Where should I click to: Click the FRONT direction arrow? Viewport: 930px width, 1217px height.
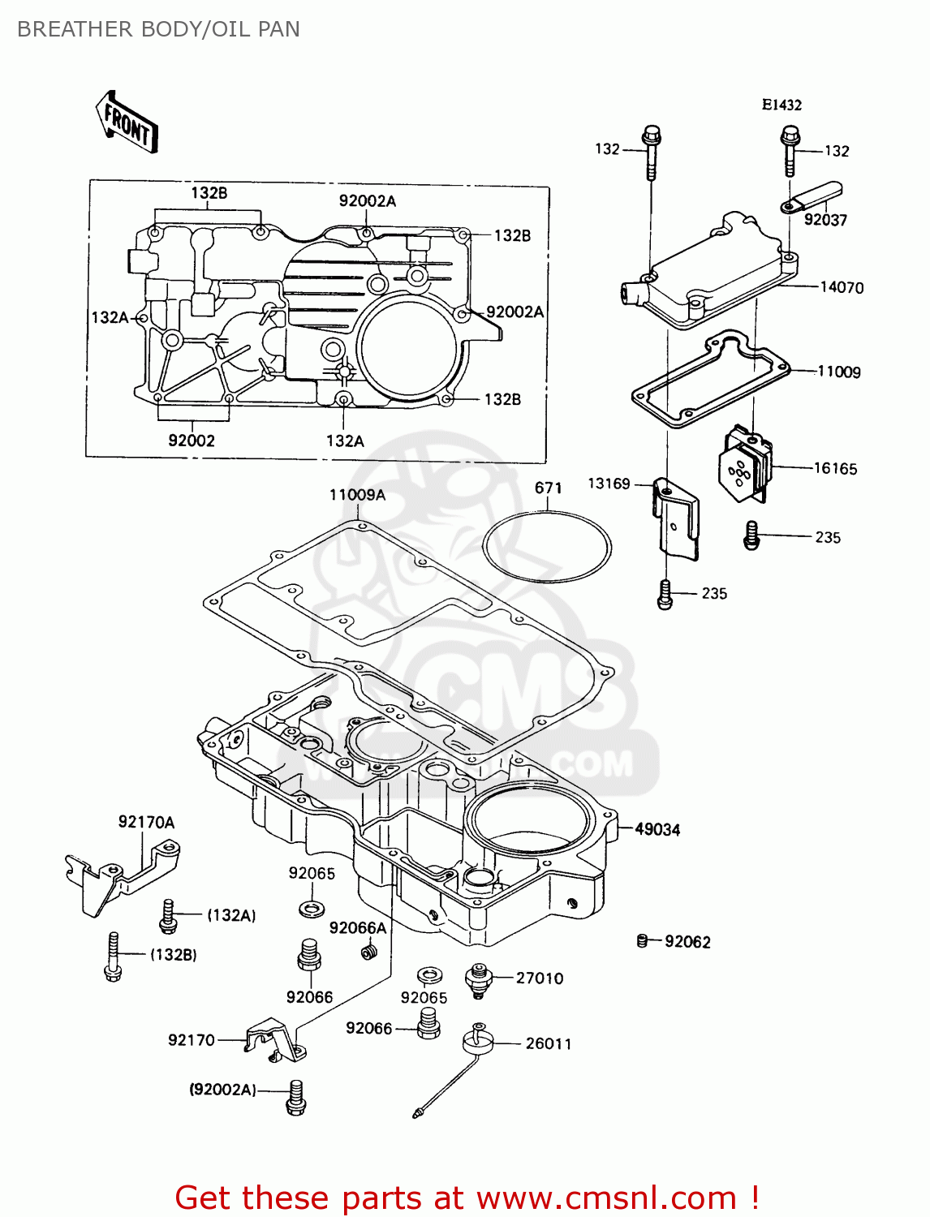(127, 123)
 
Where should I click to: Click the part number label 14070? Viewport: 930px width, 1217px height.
(842, 287)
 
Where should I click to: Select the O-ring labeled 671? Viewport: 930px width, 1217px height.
(546, 547)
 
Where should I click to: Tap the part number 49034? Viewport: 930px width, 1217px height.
(657, 829)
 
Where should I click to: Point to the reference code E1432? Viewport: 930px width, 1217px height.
(781, 105)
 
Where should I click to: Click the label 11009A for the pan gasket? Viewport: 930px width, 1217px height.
(357, 495)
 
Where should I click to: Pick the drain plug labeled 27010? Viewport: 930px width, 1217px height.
(480, 979)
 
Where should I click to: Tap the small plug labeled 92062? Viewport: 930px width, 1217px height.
(643, 941)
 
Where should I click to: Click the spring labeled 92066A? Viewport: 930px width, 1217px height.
(369, 950)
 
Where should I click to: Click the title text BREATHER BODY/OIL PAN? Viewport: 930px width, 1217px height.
(158, 29)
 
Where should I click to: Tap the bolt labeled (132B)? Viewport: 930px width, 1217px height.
(113, 957)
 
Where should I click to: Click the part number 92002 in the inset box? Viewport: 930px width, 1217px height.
(192, 441)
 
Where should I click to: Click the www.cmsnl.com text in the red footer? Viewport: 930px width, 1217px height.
(605, 1198)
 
